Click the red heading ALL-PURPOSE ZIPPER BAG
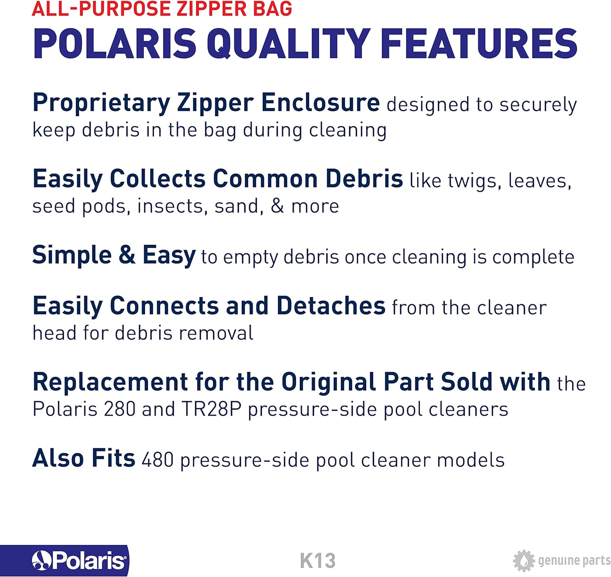(162, 8)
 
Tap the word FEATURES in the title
(480, 44)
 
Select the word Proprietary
(101, 103)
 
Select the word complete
(533, 257)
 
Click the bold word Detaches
(330, 306)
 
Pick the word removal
(216, 333)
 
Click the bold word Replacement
(110, 382)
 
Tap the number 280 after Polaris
(120, 410)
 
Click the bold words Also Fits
(84, 458)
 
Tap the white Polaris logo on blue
(79, 560)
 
